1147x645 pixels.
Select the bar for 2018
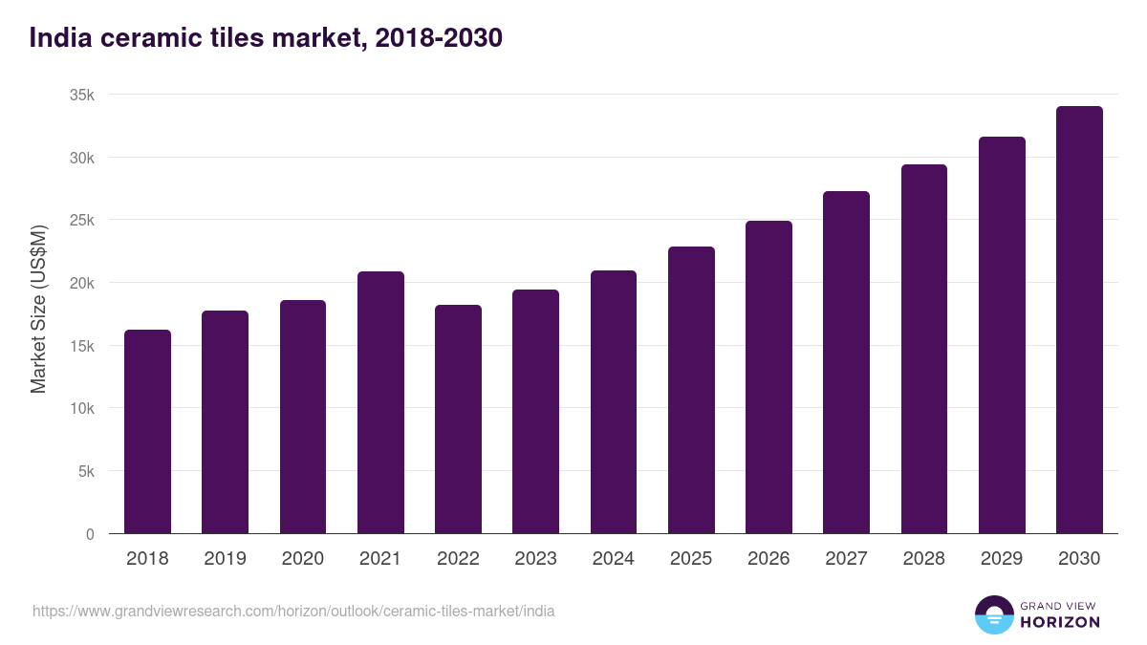(147, 432)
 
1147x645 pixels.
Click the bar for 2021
(380, 402)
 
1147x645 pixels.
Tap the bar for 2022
(458, 419)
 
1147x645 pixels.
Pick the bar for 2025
(691, 390)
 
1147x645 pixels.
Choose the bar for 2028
(924, 349)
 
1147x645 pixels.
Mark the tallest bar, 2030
(1079, 320)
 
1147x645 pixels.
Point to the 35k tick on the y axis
(83, 95)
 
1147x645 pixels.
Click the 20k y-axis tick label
(83, 283)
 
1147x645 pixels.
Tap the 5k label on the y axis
(87, 471)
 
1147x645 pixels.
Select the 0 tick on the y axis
(90, 534)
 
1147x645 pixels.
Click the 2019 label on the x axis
(225, 559)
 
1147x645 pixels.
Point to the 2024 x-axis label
(613, 559)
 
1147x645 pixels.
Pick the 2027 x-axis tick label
(846, 559)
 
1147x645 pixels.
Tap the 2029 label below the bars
(1002, 559)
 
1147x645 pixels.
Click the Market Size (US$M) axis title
(38, 310)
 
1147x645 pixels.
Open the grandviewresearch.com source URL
(293, 611)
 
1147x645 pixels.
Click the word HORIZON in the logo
(1060, 622)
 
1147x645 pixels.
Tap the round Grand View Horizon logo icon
(994, 614)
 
